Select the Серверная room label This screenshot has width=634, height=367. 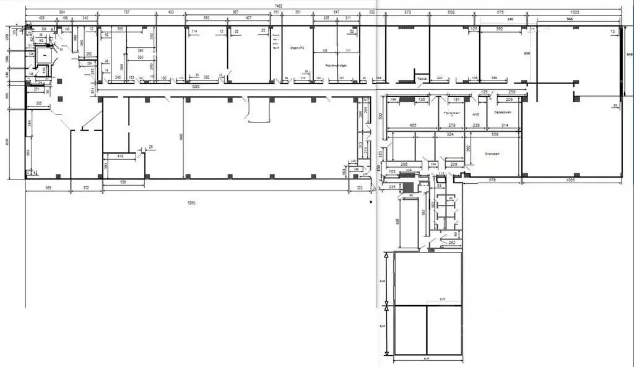pos(502,113)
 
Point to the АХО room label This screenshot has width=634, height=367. pos(476,114)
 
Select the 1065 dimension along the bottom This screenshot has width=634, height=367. pos(571,180)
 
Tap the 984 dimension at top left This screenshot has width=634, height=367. pos(63,12)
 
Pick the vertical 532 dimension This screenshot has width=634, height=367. pos(381,115)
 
